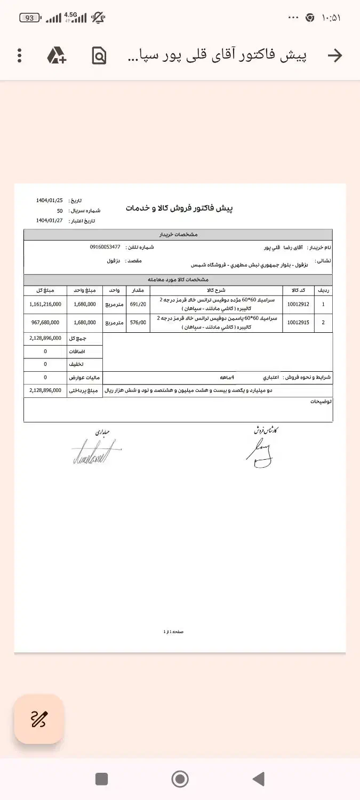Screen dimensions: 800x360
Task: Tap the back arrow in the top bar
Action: [x=334, y=55]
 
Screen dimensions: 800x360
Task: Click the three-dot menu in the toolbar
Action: [x=20, y=55]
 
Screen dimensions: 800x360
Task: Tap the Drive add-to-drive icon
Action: [x=57, y=55]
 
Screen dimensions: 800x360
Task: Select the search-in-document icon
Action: [x=99, y=55]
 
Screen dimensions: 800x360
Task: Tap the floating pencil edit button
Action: [x=39, y=719]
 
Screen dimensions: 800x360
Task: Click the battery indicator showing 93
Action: [x=30, y=18]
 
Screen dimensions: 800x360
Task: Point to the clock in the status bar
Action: [x=331, y=18]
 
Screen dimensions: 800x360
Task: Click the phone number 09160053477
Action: [x=105, y=247]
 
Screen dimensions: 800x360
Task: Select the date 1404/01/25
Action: [x=50, y=201]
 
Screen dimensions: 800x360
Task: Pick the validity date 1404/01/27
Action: [x=50, y=220]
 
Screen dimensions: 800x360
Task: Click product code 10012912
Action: [x=299, y=304]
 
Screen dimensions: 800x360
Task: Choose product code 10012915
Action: [x=299, y=322]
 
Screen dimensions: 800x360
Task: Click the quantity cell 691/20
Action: [x=138, y=304]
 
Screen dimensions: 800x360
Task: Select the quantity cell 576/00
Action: [x=138, y=322]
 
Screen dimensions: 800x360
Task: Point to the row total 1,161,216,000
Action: [x=45, y=304]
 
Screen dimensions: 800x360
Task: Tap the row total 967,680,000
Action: [x=45, y=322]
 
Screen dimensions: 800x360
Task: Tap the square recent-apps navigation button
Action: [x=101, y=779]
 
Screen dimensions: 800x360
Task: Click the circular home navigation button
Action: [x=180, y=779]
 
